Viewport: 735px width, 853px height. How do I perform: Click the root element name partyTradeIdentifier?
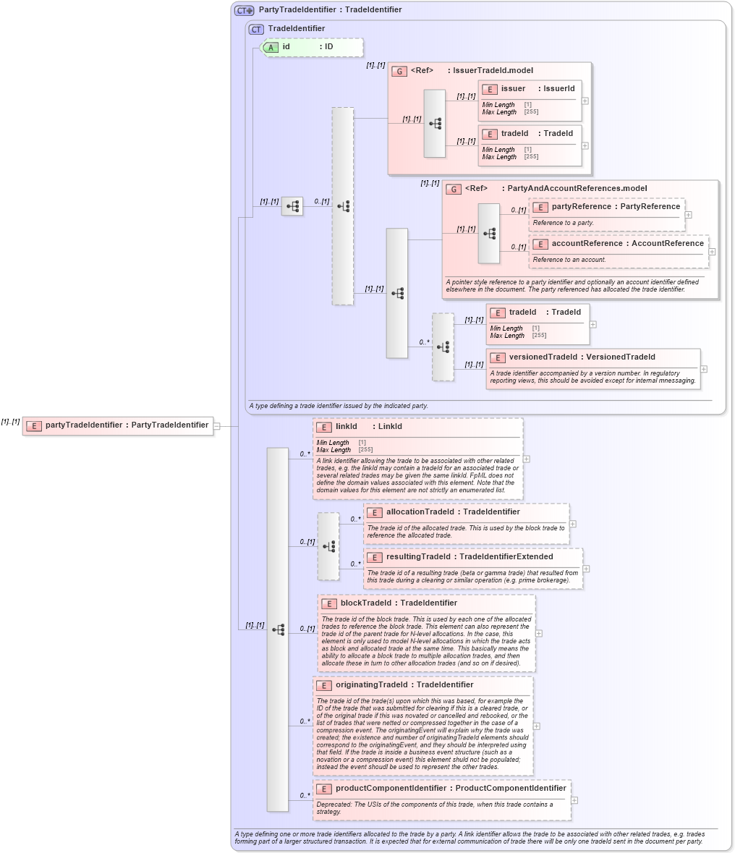83,425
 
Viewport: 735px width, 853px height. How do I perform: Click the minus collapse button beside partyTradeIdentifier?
216,426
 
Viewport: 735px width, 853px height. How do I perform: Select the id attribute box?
311,47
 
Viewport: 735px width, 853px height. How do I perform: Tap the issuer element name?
513,89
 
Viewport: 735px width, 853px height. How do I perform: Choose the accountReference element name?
587,244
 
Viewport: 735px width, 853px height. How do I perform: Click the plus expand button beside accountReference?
713,252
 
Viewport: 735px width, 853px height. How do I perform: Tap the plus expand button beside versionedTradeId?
704,369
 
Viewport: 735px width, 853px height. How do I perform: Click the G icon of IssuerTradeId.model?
399,71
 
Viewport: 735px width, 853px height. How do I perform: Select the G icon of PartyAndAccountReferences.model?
454,189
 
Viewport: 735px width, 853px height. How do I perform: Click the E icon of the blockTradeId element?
328,603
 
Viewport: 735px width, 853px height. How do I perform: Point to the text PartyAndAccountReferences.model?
577,189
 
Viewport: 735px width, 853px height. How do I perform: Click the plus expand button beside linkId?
527,459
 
